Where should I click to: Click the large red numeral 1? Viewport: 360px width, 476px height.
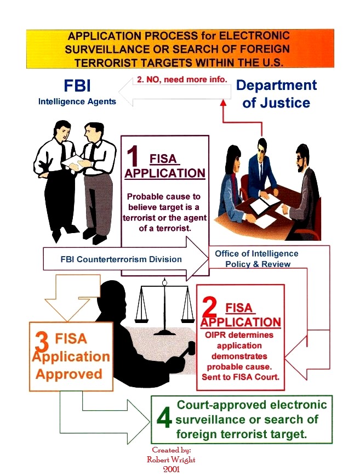pos(133,157)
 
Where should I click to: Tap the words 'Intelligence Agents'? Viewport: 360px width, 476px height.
pos(77,101)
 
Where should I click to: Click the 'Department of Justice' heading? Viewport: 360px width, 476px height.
pos(276,94)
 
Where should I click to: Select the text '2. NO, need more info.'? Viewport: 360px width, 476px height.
pos(181,79)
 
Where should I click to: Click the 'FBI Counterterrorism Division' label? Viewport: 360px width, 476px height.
pos(121,259)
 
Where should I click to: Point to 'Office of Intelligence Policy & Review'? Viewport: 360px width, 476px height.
pos(256,259)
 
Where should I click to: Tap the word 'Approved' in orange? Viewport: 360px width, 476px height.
pos(68,374)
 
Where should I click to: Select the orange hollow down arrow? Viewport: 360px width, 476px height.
pos(66,299)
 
